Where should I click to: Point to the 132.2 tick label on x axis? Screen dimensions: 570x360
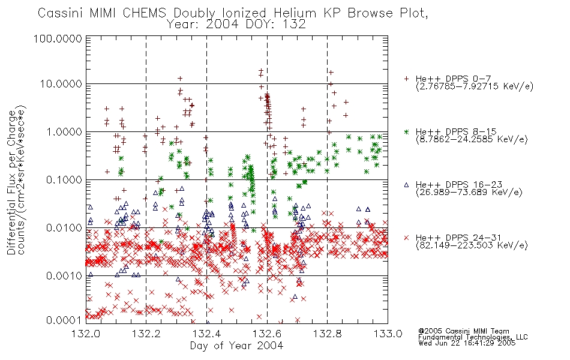pyautogui.click(x=146, y=334)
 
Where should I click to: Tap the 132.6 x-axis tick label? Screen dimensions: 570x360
pyautogui.click(x=267, y=334)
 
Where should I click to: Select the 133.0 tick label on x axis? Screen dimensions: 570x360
pyautogui.click(x=388, y=334)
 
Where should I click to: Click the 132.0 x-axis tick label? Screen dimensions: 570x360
pyautogui.click(x=86, y=334)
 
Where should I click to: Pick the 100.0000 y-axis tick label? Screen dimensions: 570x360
pyautogui.click(x=58, y=38)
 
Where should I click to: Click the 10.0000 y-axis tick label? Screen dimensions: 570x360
pyautogui.click(x=61, y=84)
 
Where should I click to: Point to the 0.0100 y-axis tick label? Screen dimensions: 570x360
pyautogui.click(x=64, y=228)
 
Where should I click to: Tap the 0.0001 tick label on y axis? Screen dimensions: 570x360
pyautogui.click(x=64, y=320)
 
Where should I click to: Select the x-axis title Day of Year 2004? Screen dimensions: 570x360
pyautogui.click(x=236, y=346)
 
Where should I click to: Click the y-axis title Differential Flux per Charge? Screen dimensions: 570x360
pyautogui.click(x=11, y=182)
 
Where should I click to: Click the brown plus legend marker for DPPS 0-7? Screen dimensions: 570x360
pyautogui.click(x=406, y=79)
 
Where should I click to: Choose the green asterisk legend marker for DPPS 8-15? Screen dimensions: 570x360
pyautogui.click(x=406, y=131)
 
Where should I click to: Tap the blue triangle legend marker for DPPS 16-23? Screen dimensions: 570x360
pyautogui.click(x=406, y=185)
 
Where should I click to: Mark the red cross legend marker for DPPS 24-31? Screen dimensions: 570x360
pyautogui.click(x=406, y=238)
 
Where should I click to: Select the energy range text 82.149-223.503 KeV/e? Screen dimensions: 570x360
pyautogui.click(x=472, y=245)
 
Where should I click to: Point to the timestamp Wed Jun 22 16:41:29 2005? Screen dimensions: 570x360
pyautogui.click(x=467, y=343)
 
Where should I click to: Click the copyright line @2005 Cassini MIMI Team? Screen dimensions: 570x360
pyautogui.click(x=463, y=331)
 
